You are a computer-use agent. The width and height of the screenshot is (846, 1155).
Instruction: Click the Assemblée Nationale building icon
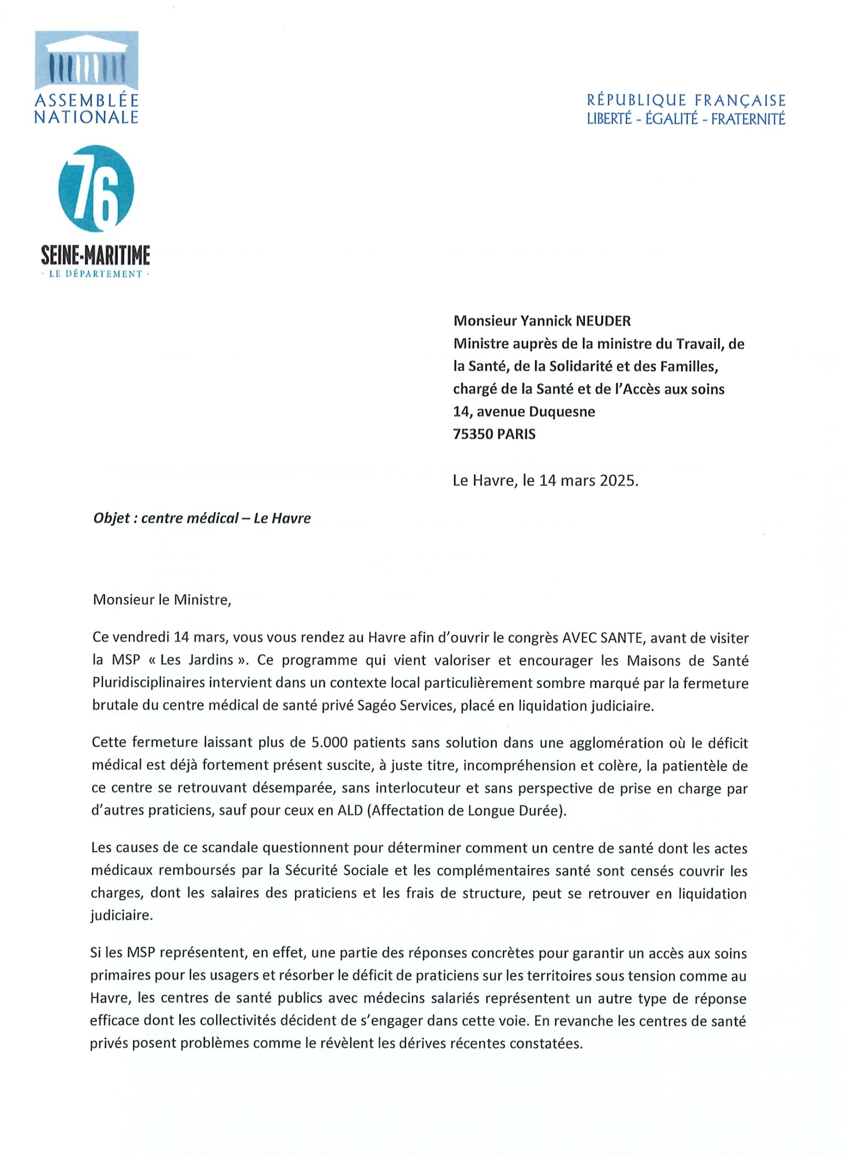click(x=87, y=61)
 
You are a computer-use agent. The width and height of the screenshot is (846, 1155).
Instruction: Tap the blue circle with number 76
click(x=96, y=188)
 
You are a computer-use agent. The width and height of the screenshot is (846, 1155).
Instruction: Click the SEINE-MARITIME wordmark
click(x=96, y=255)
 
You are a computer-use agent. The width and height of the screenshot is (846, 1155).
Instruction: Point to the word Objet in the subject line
click(x=111, y=518)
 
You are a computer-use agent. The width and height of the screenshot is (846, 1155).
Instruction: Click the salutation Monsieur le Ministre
click(x=162, y=599)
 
